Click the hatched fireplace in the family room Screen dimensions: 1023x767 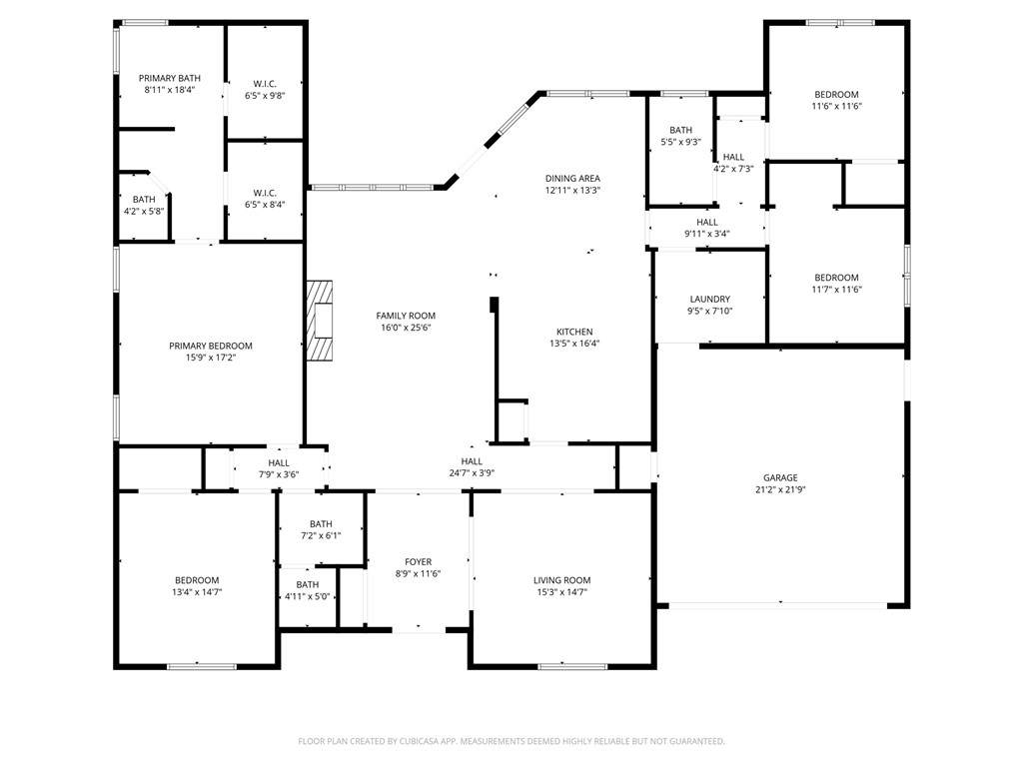(320, 320)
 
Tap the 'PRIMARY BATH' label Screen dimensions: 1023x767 (170, 78)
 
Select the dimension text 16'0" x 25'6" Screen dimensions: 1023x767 (406, 328)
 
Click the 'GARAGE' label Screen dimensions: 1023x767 (780, 477)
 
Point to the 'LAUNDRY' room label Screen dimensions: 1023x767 (710, 300)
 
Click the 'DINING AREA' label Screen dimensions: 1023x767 (572, 178)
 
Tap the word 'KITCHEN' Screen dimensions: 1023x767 (574, 332)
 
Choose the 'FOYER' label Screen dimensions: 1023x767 (419, 561)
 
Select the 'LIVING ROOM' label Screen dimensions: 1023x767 (561, 580)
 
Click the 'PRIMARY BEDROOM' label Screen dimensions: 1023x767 (210, 346)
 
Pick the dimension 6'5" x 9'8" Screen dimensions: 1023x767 (265, 96)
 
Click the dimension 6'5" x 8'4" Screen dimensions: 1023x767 (265, 205)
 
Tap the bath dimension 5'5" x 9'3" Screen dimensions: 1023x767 (680, 142)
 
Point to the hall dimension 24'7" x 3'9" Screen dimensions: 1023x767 (472, 473)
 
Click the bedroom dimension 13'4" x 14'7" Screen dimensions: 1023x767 (197, 592)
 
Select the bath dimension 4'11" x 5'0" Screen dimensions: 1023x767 (308, 596)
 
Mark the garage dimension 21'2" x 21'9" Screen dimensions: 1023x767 (780, 489)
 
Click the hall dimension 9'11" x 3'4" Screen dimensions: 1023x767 (706, 234)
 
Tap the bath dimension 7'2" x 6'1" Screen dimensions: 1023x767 (321, 535)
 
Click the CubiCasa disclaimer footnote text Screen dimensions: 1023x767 (511, 741)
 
